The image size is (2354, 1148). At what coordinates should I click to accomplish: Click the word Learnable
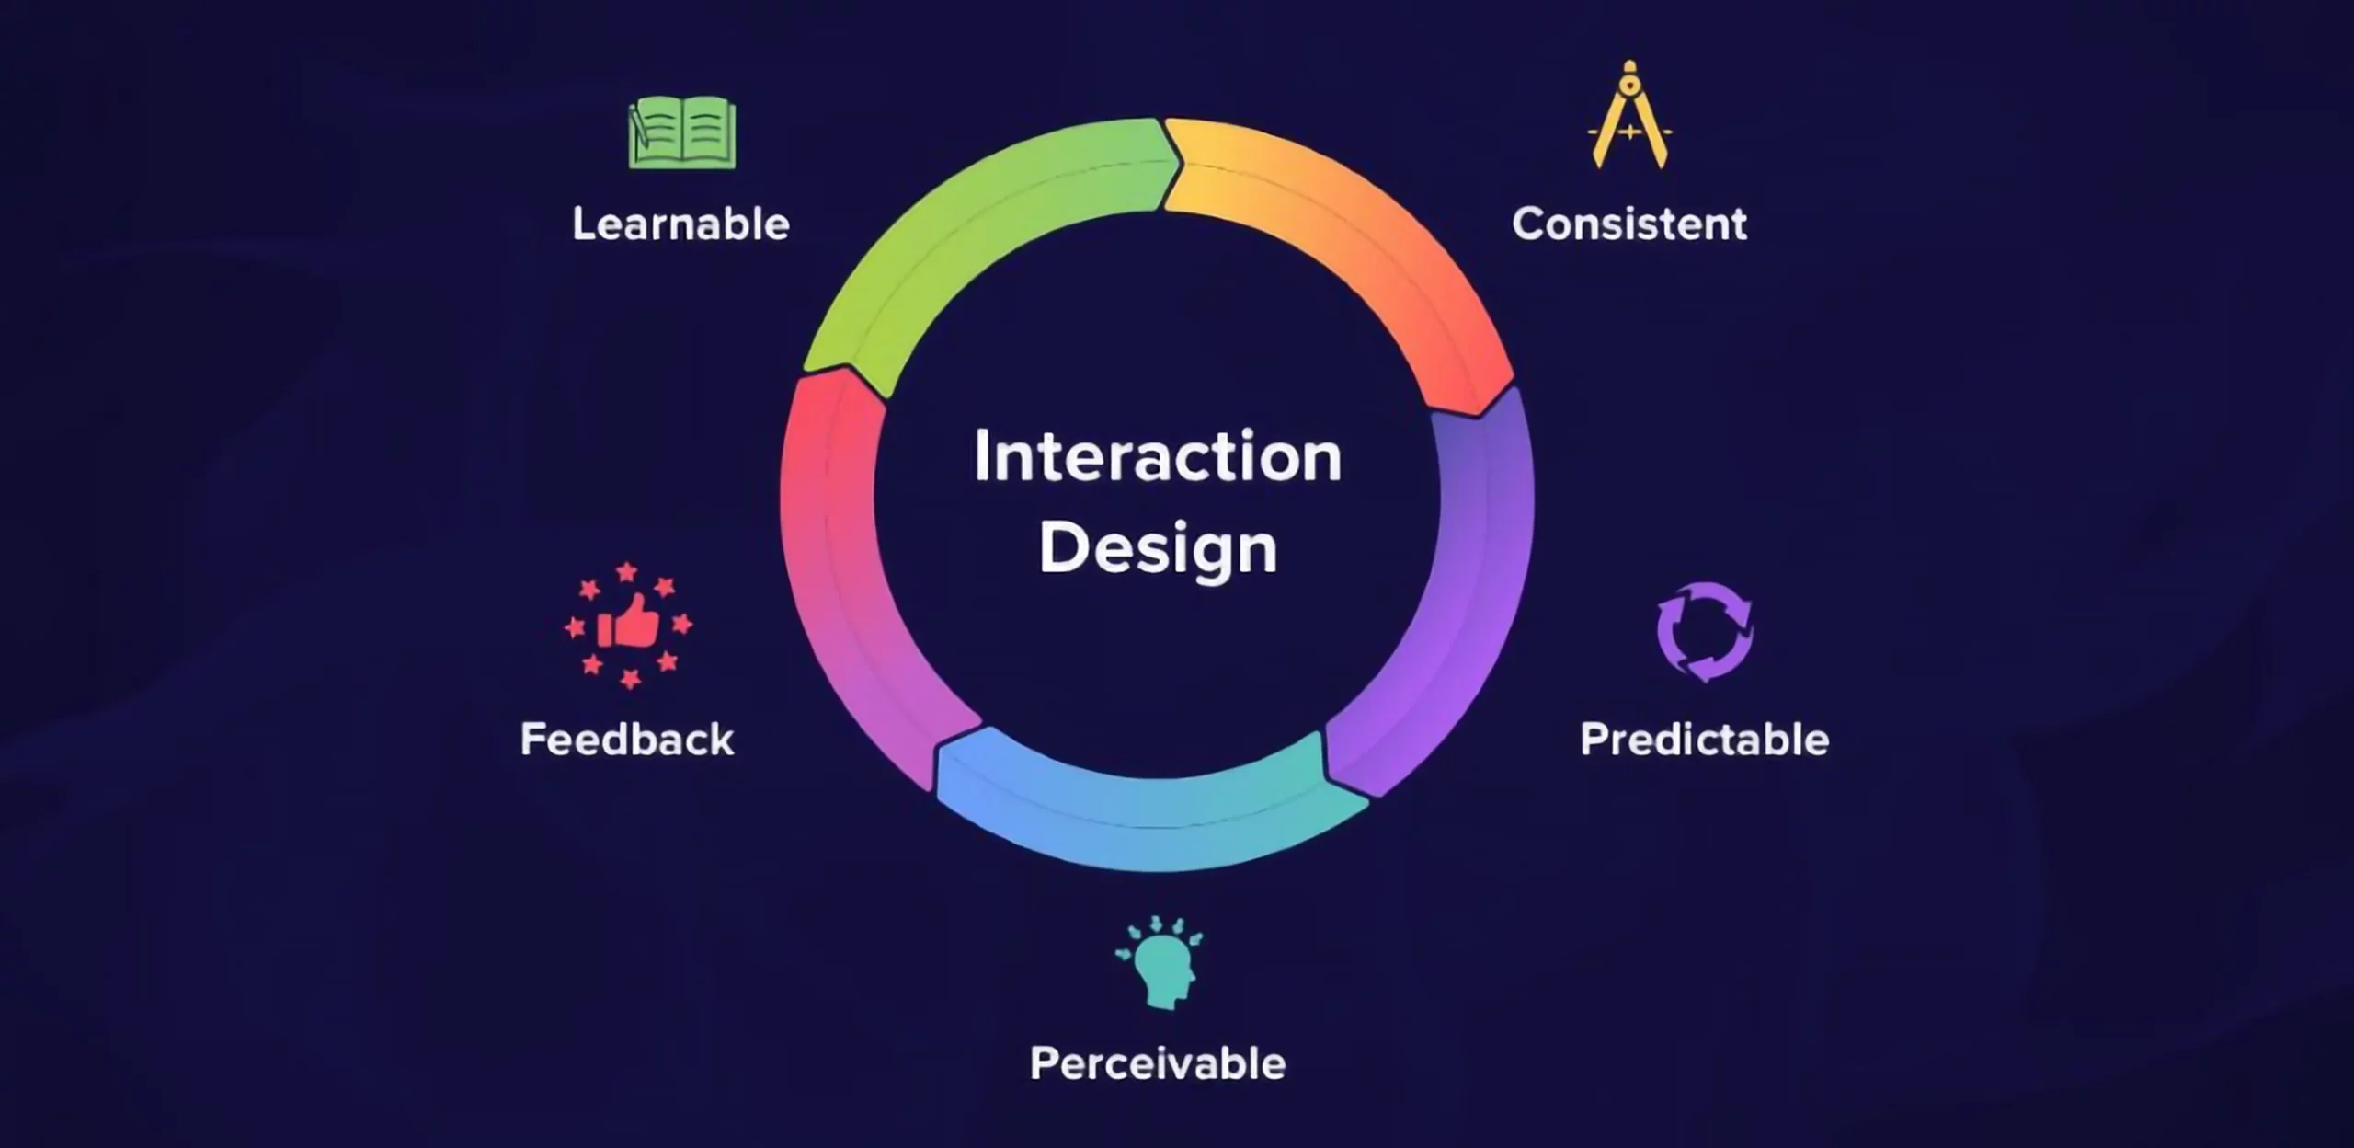pyautogui.click(x=680, y=224)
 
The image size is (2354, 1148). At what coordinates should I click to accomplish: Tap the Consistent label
pyautogui.click(x=1628, y=224)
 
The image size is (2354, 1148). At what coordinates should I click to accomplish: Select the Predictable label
pyautogui.click(x=1704, y=740)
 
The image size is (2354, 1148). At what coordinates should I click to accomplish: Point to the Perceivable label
pyautogui.click(x=1157, y=1064)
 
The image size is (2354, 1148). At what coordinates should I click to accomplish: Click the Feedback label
pyautogui.click(x=627, y=740)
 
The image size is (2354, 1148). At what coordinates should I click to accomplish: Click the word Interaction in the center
pyautogui.click(x=1158, y=456)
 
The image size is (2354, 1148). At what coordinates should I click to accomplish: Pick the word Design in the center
pyautogui.click(x=1158, y=549)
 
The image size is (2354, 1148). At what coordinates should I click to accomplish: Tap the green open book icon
pyautogui.click(x=683, y=135)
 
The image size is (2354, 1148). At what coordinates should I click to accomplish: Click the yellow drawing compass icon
pyautogui.click(x=1629, y=120)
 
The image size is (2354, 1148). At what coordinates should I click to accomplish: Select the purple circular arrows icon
pyautogui.click(x=1704, y=632)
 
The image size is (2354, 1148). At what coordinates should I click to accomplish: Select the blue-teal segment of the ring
pyautogui.click(x=1149, y=809)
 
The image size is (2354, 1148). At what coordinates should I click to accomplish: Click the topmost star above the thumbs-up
pyautogui.click(x=627, y=572)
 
